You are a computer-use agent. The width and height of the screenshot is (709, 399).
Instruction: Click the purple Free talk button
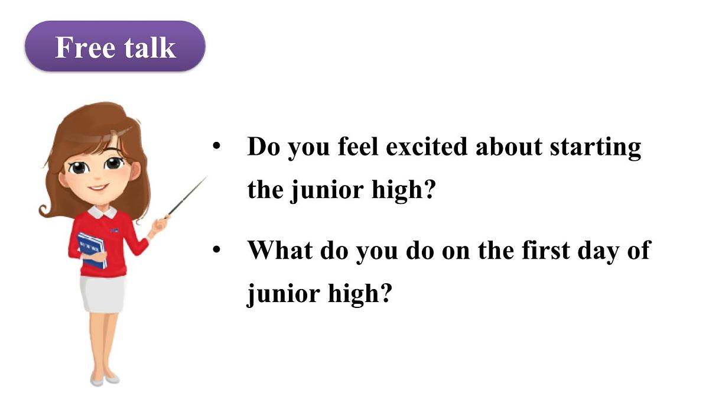115,47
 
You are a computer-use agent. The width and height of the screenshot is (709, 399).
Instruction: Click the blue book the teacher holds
92,248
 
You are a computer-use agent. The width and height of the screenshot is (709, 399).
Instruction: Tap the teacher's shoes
104,378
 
